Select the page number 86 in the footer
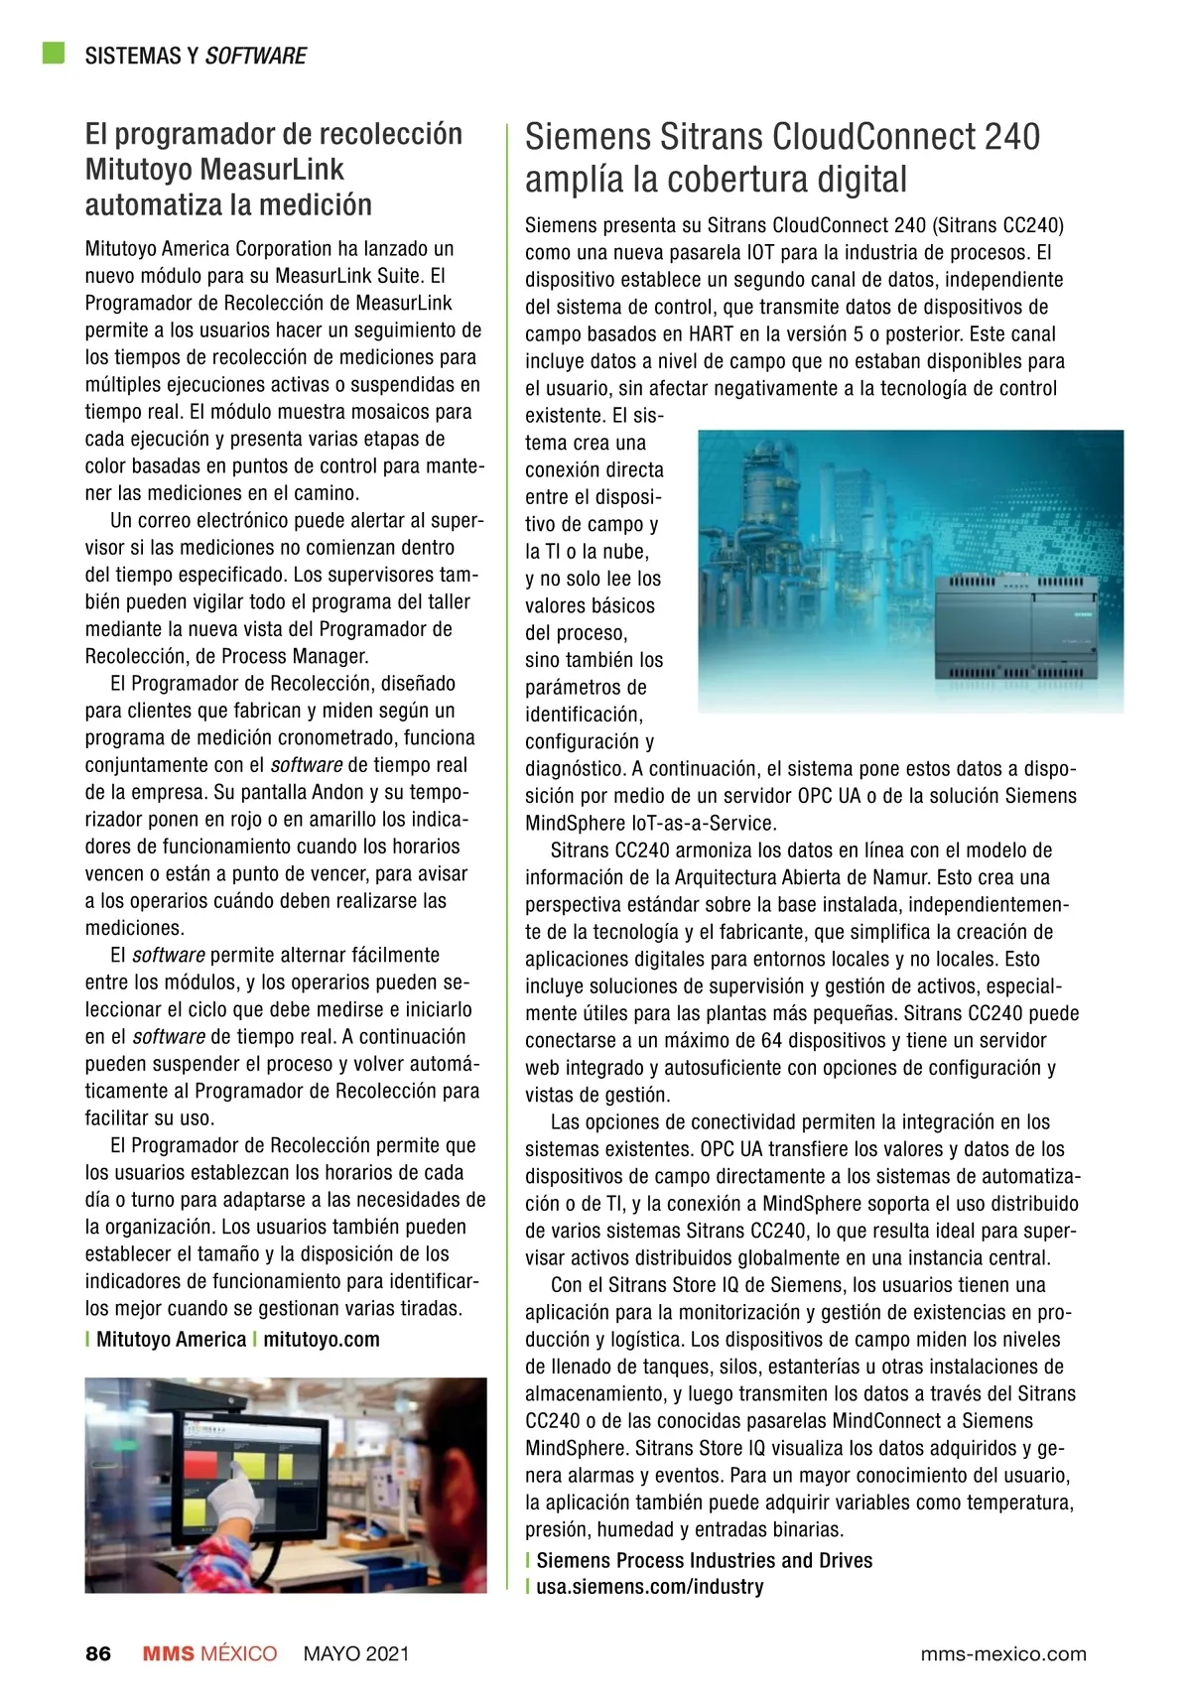tap(98, 1653)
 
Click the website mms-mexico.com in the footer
tap(1003, 1653)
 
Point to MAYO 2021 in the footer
tap(356, 1653)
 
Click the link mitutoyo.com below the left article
tap(322, 1339)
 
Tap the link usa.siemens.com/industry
tap(650, 1586)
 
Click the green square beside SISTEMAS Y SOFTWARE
tap(54, 54)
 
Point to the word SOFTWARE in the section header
tap(256, 56)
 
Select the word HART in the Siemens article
tap(711, 334)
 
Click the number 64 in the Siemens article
tap(772, 1041)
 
